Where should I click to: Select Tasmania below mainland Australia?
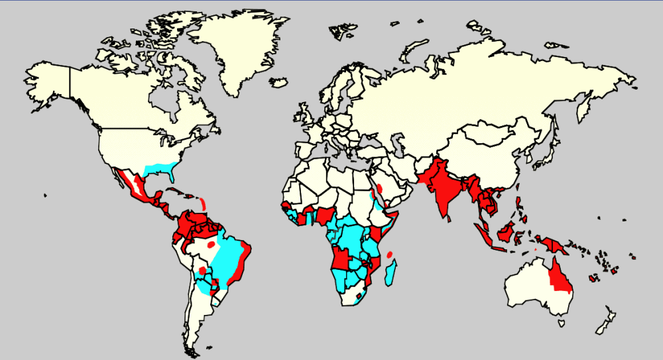tap(562, 323)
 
